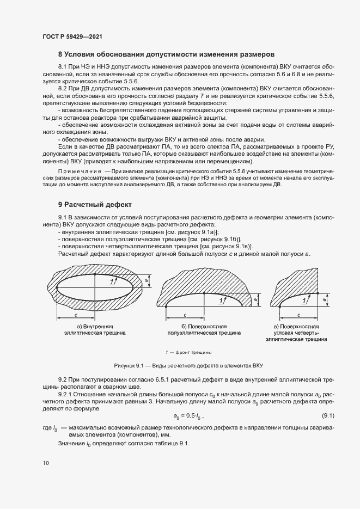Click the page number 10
(46, 463)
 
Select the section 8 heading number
(60, 54)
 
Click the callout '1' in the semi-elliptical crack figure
(221, 300)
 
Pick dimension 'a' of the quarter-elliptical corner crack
(325, 299)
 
